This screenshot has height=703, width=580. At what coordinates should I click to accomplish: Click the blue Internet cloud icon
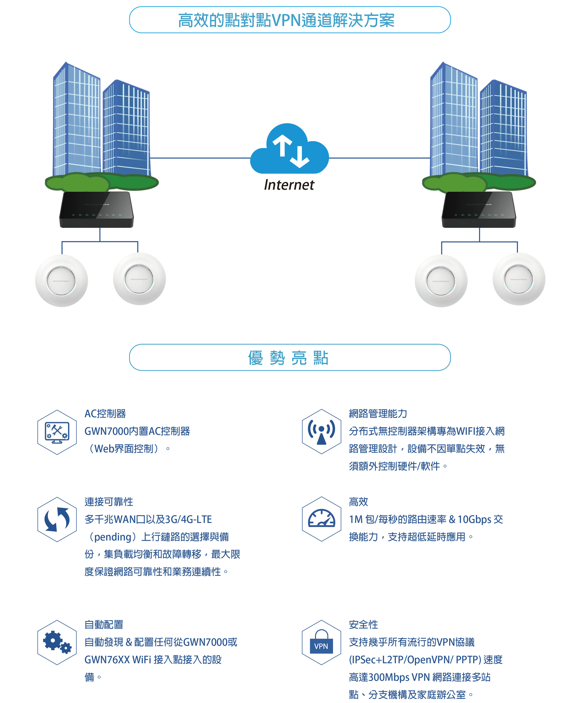pos(289,150)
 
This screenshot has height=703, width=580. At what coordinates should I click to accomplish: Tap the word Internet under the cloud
pos(289,185)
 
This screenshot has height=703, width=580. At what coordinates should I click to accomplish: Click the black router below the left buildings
pos(97,210)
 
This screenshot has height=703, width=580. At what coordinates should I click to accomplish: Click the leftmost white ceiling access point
pos(62,281)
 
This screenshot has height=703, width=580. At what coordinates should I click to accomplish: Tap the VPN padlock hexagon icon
pos(321,642)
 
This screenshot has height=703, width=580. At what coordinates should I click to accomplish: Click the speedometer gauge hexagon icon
pos(321,519)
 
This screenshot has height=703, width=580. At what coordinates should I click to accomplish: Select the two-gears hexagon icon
pos(57,642)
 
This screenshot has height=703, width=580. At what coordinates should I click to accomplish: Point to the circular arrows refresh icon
pos(57,519)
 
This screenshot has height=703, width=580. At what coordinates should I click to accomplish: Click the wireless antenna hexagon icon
pos(321,431)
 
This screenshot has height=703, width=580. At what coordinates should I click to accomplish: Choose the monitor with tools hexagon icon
pos(57,432)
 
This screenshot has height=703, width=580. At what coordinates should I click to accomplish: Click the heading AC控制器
pos(105,414)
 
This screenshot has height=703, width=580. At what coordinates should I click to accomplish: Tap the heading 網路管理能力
pos(378,414)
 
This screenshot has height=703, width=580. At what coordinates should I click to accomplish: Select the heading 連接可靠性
pos(109,501)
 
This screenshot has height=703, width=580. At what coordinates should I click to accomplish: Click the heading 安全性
pos(363,624)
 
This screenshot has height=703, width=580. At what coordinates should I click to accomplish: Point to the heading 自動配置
pos(104,624)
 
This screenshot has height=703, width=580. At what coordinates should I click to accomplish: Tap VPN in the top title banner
pos(286,20)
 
